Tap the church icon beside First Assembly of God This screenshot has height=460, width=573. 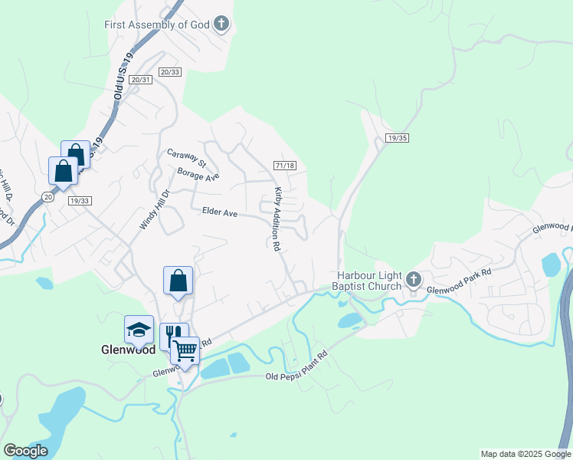221,24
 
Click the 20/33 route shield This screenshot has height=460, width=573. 170,71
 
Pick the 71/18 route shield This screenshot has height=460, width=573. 285,166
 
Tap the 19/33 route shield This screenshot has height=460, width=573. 79,200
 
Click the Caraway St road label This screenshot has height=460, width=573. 187,158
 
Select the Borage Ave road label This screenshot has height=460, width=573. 198,176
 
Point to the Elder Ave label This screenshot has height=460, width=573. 219,212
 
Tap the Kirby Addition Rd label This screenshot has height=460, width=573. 277,219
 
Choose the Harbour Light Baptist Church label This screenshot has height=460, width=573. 370,281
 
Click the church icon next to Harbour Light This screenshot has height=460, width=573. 414,279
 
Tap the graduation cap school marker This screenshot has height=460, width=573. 139,330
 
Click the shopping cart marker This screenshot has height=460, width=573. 185,352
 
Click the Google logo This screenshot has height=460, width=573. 25,451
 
